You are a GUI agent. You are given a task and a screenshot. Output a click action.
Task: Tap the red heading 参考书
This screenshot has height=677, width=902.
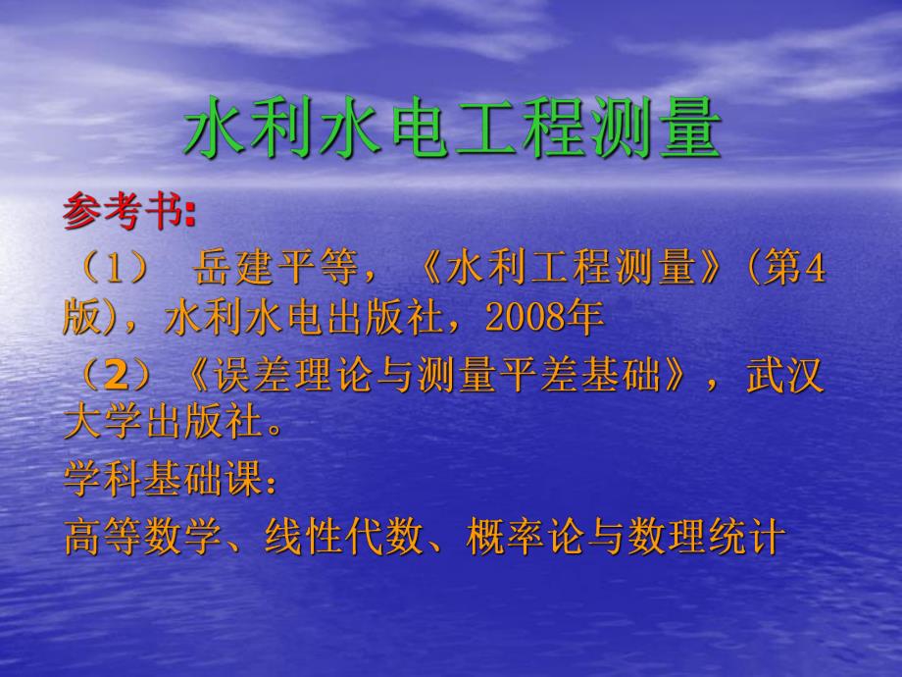[x=124, y=211]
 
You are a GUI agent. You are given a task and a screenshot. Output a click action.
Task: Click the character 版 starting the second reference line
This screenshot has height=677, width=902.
[x=82, y=317]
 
